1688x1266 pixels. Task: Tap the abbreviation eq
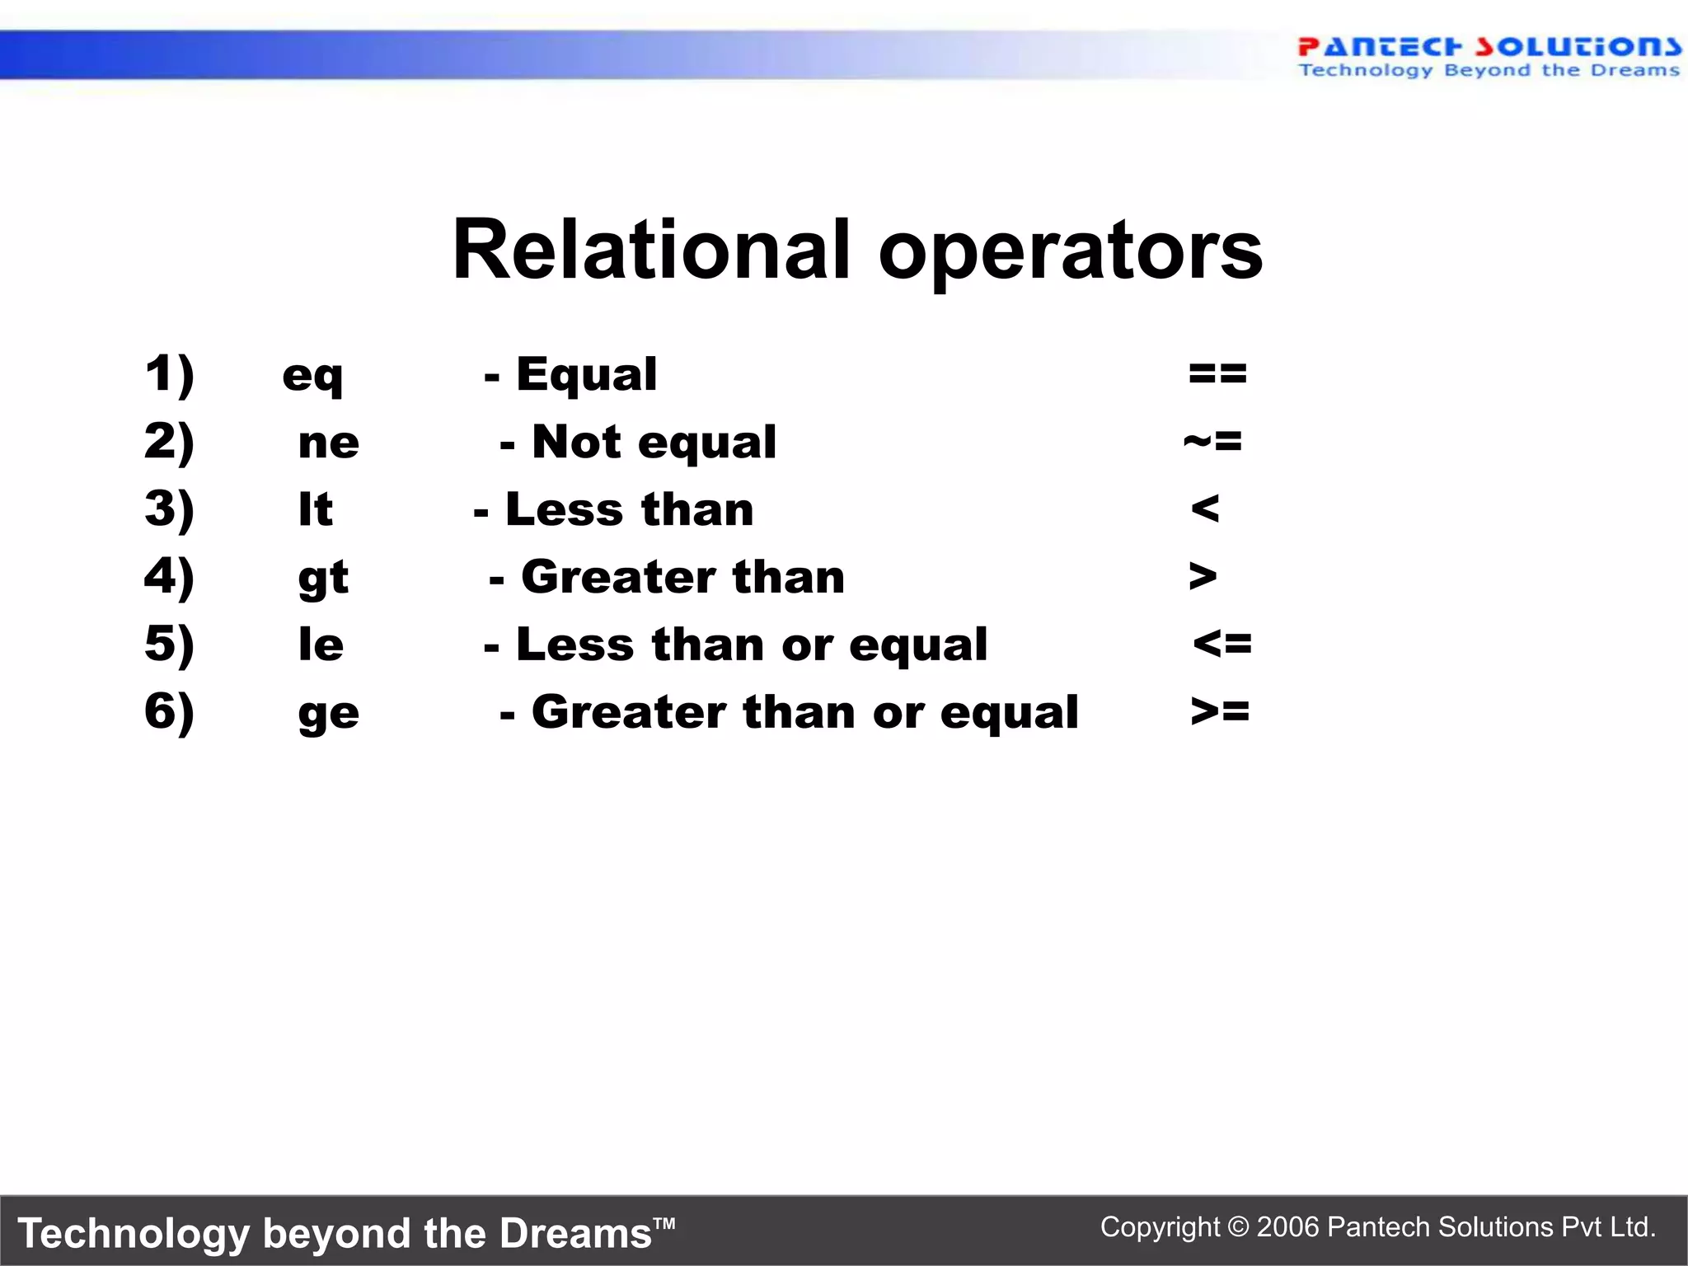coord(312,376)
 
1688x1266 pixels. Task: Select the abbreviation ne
coord(328,443)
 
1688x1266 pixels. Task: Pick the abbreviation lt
coord(316,509)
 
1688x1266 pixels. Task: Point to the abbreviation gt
coord(323,578)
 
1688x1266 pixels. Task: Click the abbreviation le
coord(321,645)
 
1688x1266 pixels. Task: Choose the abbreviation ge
coord(328,714)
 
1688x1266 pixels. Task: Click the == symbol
coord(1217,374)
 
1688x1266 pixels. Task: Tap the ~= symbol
coord(1212,442)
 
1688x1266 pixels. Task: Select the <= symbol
coord(1222,643)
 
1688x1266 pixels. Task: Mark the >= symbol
coord(1221,710)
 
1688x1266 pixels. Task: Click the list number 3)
coord(169,509)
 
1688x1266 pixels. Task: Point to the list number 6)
coord(169,711)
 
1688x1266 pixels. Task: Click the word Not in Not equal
coord(576,442)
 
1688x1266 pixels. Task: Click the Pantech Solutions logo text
coord(1489,46)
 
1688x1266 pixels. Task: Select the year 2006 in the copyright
coord(1288,1227)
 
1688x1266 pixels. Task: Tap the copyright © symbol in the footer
coord(1238,1227)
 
